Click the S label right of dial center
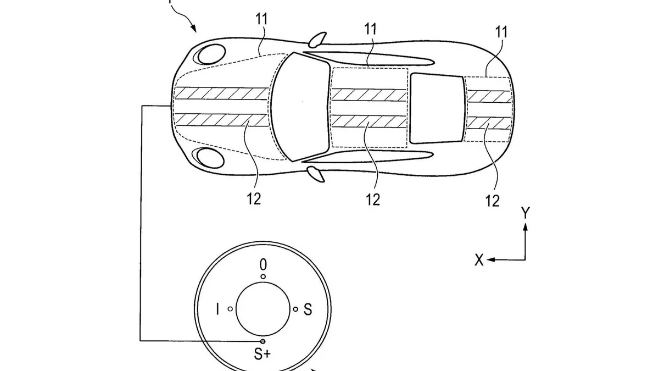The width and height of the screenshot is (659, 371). (308, 311)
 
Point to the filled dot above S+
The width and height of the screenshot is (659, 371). (263, 341)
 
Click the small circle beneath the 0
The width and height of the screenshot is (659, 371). (263, 277)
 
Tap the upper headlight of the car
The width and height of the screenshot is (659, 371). (209, 54)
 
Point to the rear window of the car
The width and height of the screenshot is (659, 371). (438, 108)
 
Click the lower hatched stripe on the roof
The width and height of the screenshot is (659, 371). (369, 120)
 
